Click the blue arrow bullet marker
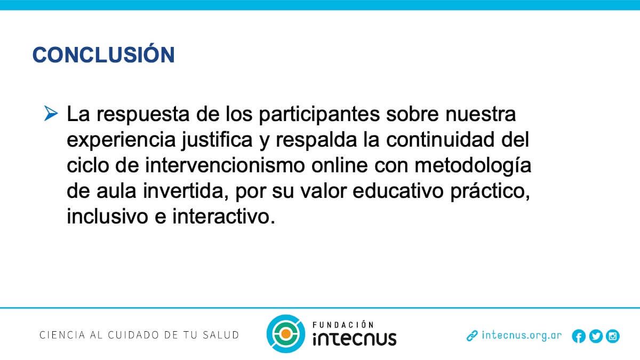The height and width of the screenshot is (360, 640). point(51,113)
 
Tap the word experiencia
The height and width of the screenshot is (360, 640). point(121,140)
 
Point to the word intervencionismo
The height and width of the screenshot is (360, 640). point(225,165)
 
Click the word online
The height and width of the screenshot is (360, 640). point(339,165)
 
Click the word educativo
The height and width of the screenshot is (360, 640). point(398,191)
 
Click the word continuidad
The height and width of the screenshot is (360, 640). point(441,140)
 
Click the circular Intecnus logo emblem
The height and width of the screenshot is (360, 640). point(286,334)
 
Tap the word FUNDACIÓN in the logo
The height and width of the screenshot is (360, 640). point(343,325)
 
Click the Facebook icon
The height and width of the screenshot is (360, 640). point(579,336)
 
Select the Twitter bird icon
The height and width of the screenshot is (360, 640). point(596,336)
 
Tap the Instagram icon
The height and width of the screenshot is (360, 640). point(613,336)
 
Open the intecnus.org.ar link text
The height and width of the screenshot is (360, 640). point(522,335)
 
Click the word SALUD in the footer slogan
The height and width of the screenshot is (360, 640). point(221,335)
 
